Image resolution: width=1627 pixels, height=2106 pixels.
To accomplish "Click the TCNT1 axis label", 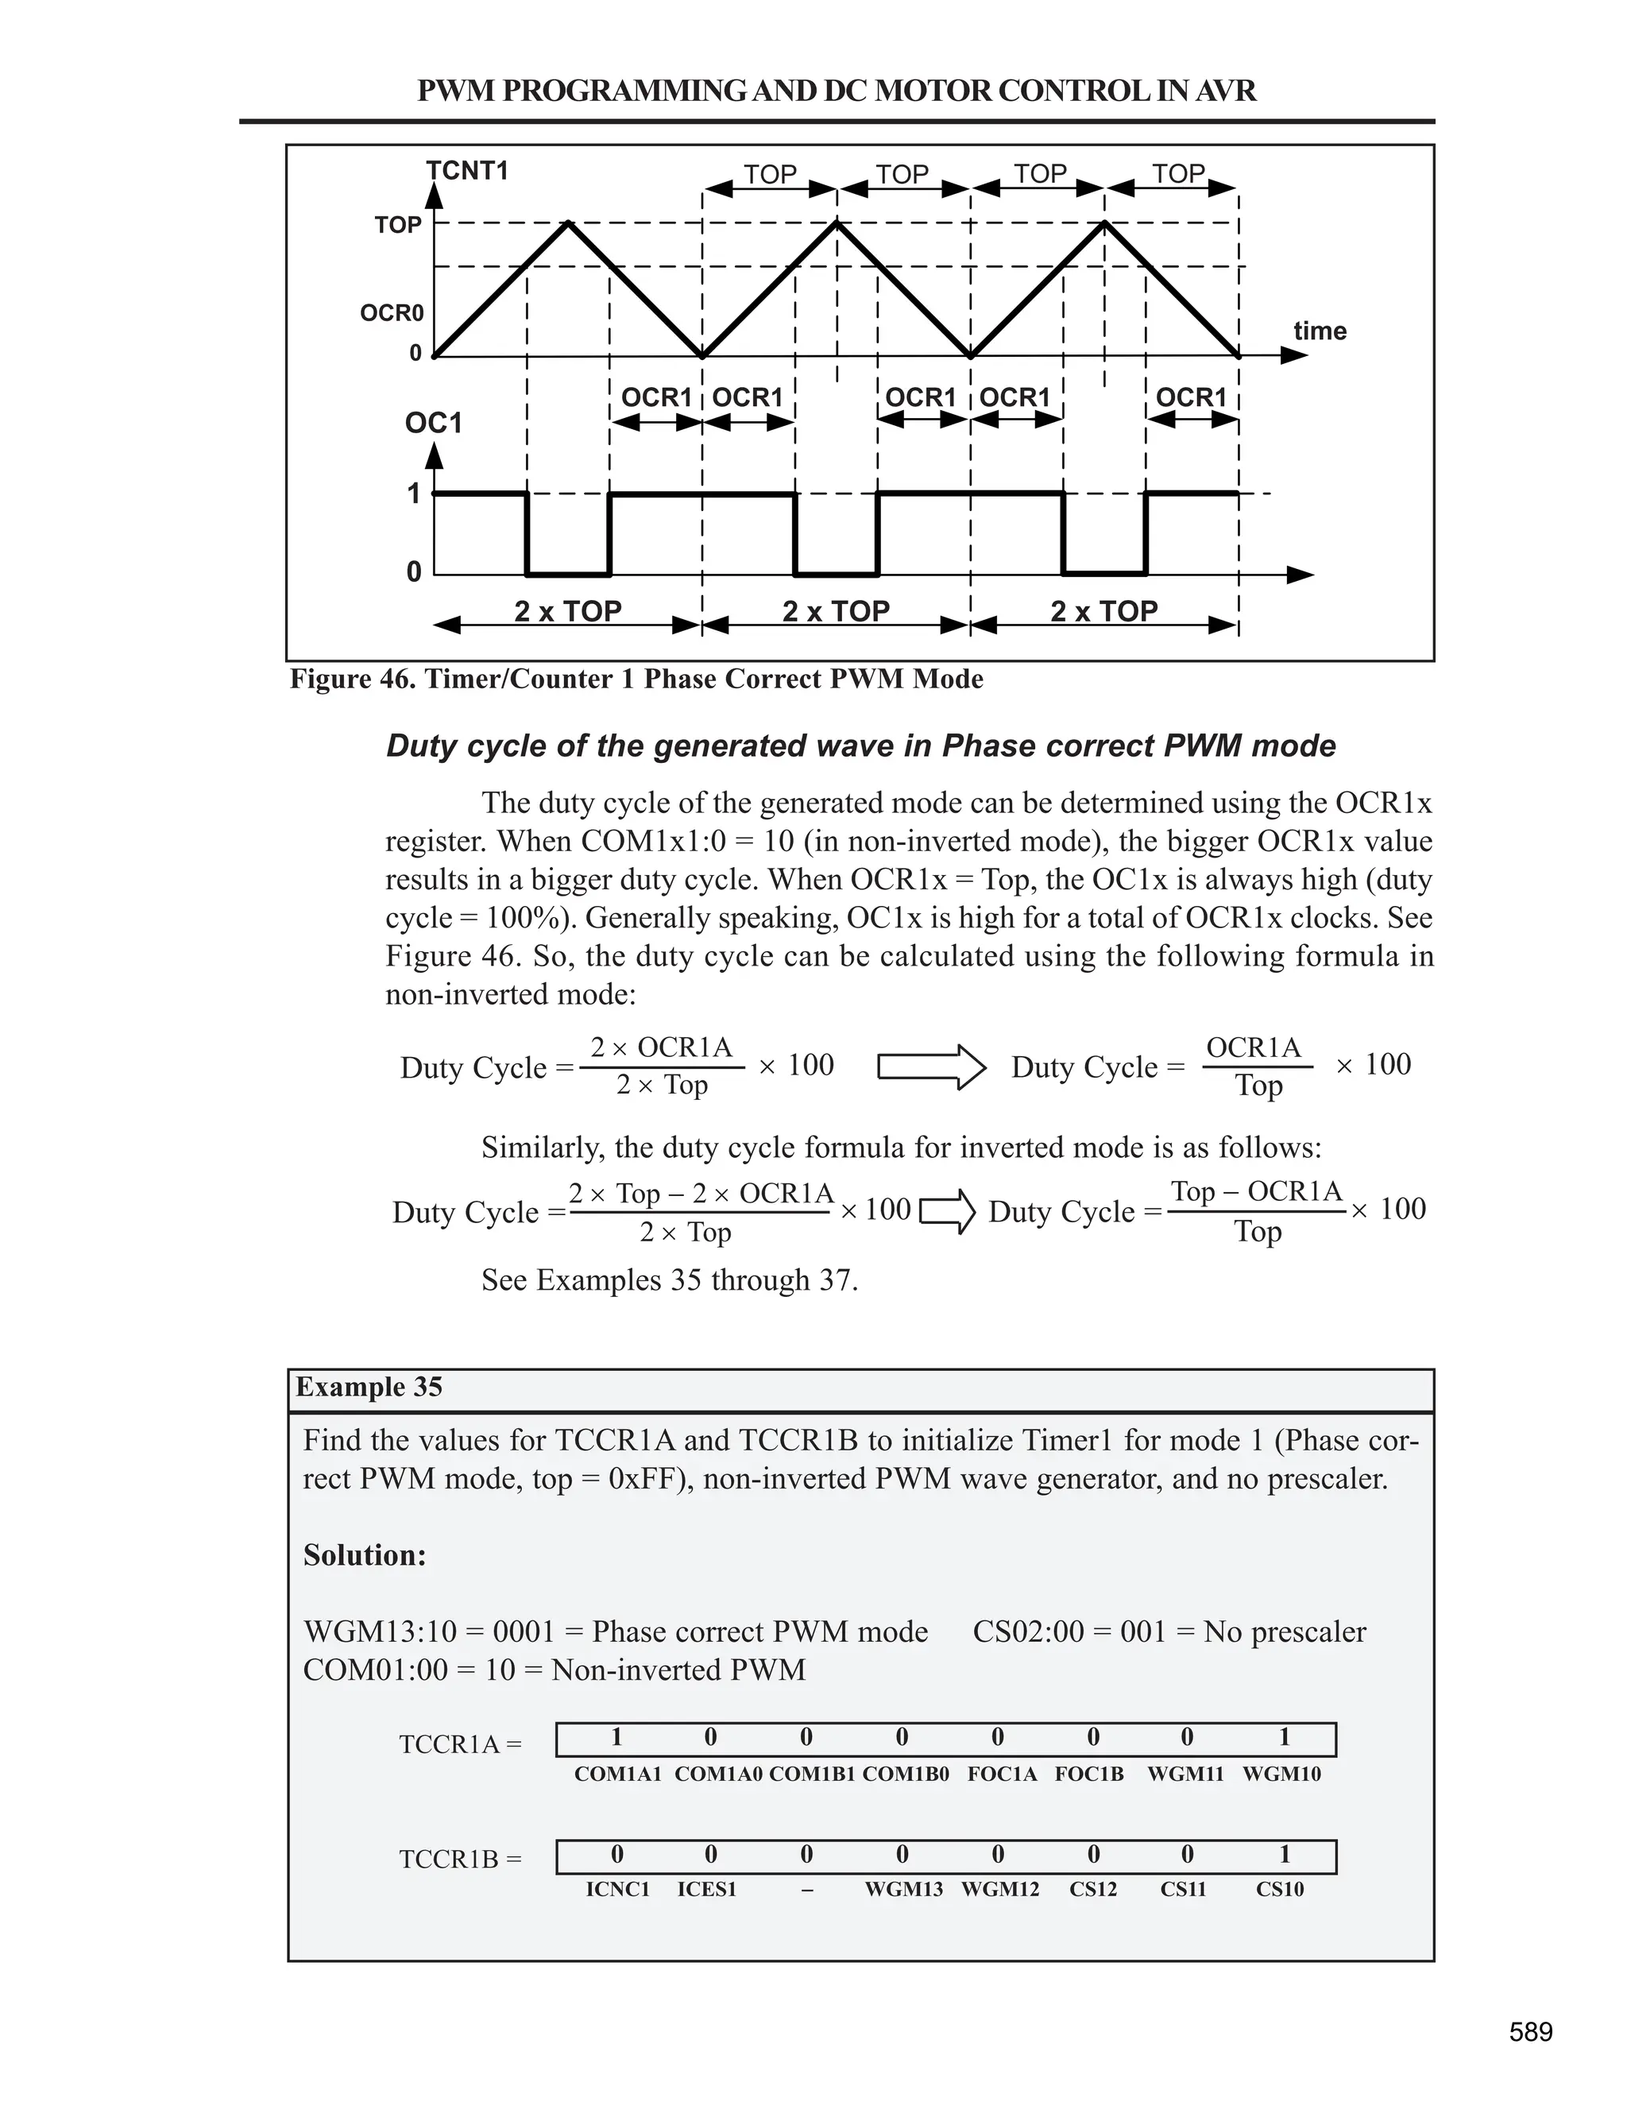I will coord(466,172).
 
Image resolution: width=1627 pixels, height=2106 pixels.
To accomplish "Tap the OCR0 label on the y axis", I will coord(392,313).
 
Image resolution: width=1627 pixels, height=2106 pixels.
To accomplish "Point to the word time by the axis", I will coord(1320,331).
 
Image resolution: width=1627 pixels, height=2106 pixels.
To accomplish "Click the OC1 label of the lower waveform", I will coord(433,424).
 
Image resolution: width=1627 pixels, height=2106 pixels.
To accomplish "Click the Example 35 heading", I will coord(369,1387).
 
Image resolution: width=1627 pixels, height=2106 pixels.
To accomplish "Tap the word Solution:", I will coord(365,1554).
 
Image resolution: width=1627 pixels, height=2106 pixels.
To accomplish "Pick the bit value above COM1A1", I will coord(616,1736).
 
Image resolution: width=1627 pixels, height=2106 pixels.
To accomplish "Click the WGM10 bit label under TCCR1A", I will coord(1281,1775).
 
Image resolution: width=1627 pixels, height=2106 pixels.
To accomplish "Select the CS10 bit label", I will coord(1279,1889).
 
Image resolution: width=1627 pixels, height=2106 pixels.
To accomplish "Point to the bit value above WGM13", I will coord(902,1854).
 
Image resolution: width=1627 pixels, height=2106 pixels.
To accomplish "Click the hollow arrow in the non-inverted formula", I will coord(930,1067).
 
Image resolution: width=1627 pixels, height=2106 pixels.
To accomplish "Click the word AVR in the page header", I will coord(1224,91).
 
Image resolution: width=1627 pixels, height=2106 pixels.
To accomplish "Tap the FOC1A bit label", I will coord(1002,1775).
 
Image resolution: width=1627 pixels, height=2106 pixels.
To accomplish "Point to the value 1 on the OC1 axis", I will coord(413,494).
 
